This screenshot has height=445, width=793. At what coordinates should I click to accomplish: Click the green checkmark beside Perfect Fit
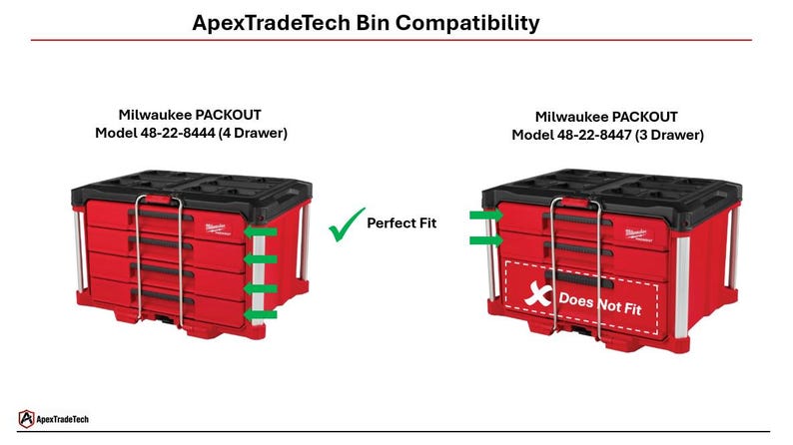click(x=345, y=225)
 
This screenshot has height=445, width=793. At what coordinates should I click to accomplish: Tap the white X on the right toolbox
click(x=539, y=296)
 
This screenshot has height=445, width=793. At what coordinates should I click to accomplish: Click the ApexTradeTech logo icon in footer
click(x=27, y=419)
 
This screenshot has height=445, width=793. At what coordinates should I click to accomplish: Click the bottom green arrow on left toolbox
click(x=262, y=314)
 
